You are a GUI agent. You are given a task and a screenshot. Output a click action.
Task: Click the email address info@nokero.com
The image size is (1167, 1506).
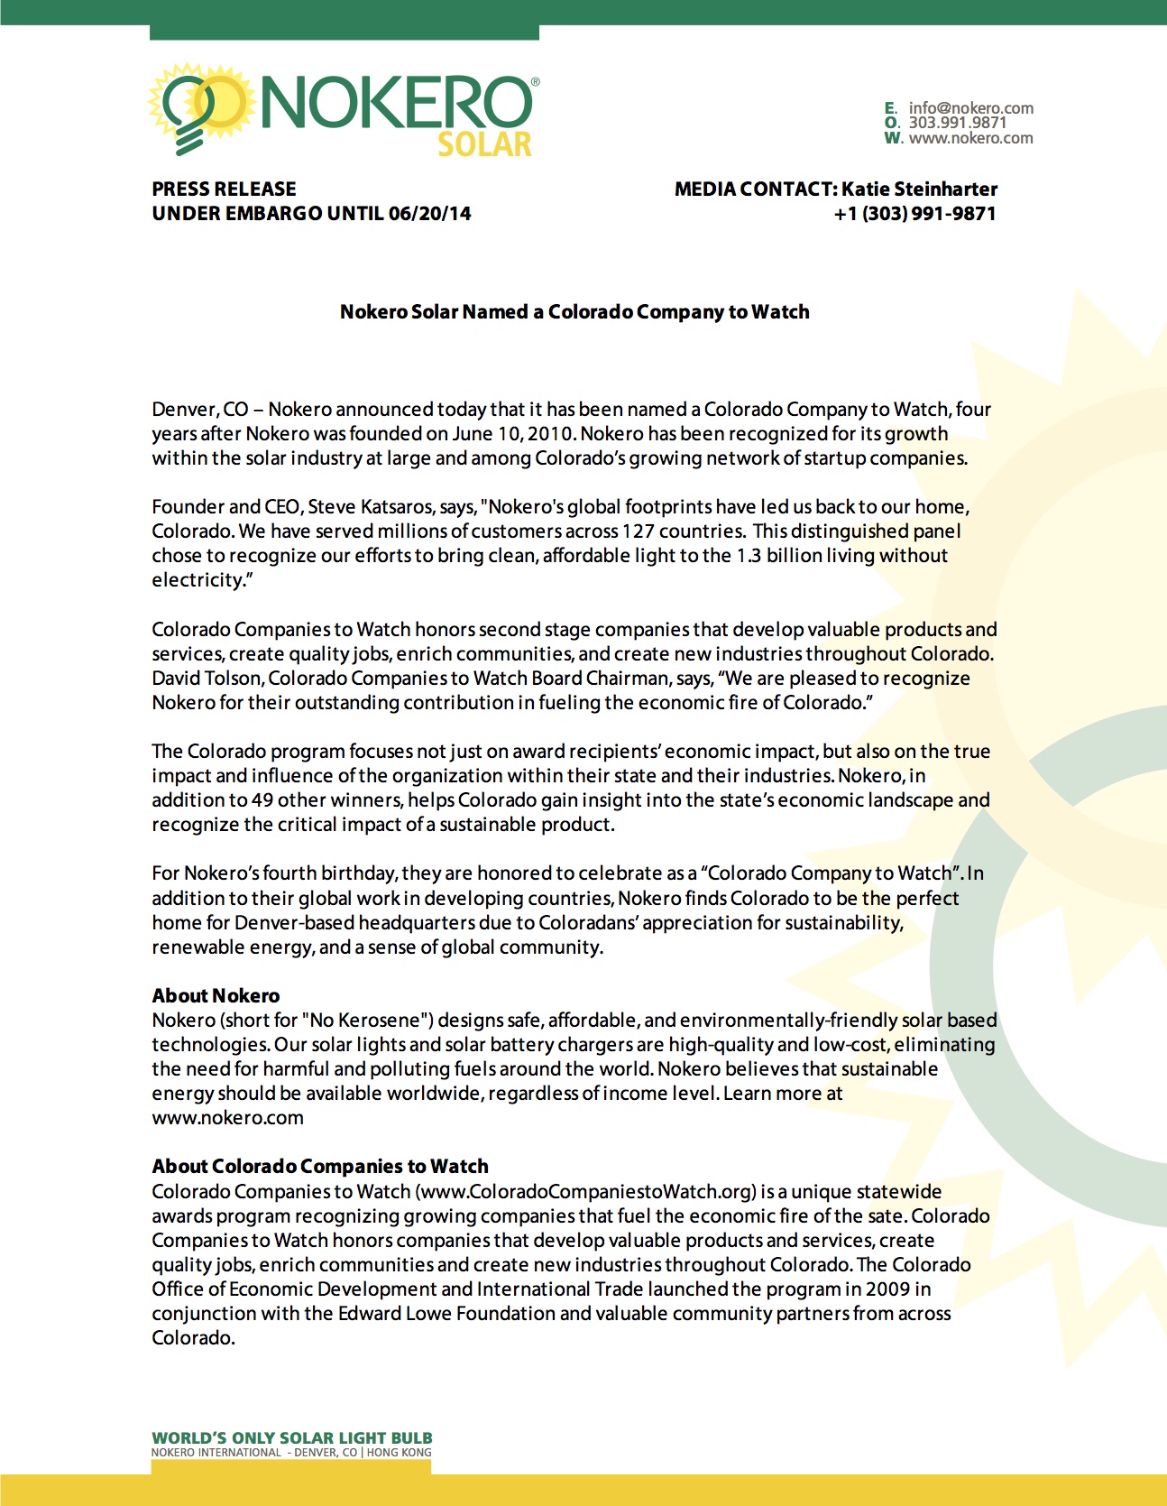point(970,108)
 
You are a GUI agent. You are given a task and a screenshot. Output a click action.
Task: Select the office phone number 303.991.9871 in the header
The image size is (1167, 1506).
point(957,123)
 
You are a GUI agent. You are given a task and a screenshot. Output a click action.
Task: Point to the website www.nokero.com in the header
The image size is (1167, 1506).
point(970,138)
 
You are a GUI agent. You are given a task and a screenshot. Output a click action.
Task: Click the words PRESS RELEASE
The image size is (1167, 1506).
point(224,189)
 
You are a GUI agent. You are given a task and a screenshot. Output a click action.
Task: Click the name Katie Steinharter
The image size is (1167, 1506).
point(919,189)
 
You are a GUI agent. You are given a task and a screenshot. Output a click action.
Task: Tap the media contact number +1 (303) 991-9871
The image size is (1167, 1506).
point(914,214)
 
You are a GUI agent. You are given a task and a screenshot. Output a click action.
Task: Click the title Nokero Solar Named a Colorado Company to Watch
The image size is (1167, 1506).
point(574,312)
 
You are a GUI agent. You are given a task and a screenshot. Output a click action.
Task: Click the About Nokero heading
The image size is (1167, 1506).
point(216,996)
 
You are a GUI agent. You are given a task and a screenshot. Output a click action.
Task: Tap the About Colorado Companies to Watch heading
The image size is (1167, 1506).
point(320,1167)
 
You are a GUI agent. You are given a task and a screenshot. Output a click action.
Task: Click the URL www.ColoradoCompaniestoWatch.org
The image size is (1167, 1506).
point(587,1192)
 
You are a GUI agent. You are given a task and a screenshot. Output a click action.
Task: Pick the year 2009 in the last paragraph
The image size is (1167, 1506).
point(887,1289)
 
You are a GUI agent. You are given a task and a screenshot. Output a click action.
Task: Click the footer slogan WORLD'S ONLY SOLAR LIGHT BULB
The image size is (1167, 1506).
point(291,1438)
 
